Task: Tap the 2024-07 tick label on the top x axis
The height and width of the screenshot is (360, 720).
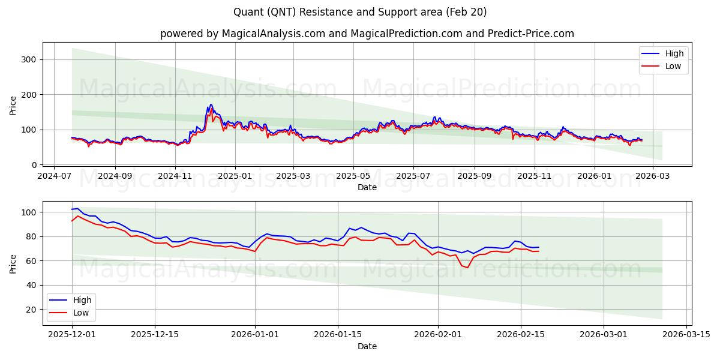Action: tap(55, 176)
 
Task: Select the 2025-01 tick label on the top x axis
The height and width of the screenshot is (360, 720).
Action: tap(235, 176)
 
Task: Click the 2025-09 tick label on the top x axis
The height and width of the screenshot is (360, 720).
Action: tap(474, 176)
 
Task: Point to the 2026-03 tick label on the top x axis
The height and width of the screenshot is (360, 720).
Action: tap(652, 176)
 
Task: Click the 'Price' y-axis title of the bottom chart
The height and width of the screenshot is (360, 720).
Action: tap(13, 263)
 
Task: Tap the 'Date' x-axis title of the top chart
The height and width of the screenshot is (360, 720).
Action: tap(367, 187)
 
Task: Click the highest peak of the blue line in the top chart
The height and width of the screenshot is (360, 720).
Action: tap(211, 104)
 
